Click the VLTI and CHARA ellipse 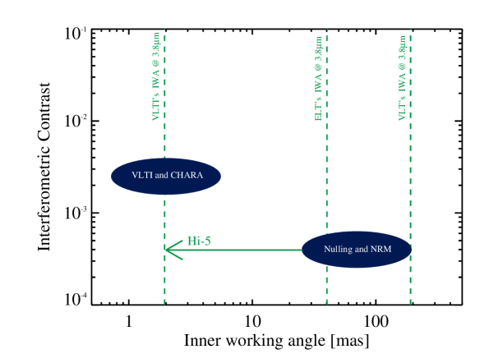[x=166, y=176]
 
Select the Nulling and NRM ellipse [x=356, y=250]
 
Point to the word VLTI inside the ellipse [x=142, y=176]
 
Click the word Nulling [x=339, y=250]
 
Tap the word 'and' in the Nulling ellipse [x=362, y=250]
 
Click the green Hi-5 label [x=199, y=241]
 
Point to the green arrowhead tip [x=166, y=250]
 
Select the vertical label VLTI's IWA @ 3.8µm [x=156, y=76]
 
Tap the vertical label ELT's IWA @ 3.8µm [x=319, y=78]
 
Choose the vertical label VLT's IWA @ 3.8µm [x=403, y=78]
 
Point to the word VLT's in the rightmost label [x=403, y=110]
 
